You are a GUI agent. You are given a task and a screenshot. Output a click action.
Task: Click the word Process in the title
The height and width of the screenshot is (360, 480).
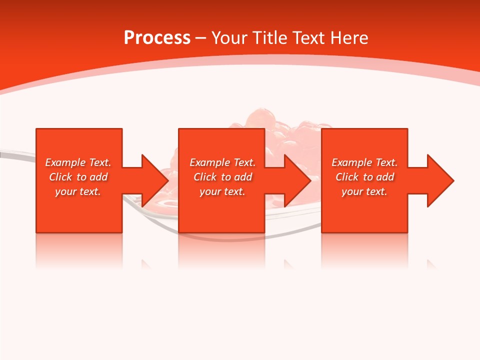pos(157,38)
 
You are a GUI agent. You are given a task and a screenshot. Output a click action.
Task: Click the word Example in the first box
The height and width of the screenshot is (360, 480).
pos(65,162)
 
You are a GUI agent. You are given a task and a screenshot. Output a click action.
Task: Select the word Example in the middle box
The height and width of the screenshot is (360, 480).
pos(209,162)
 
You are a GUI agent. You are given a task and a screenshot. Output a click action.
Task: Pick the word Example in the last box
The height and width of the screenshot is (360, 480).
pos(351,162)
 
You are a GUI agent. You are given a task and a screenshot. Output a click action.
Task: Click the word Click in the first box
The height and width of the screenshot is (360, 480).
pos(60,177)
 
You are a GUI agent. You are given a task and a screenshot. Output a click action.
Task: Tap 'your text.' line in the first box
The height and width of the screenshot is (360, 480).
pos(78,191)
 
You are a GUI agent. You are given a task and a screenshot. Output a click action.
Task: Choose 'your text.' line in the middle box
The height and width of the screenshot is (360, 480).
pos(222,191)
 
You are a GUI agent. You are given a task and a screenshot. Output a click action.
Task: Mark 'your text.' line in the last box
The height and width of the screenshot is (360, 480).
pos(364,191)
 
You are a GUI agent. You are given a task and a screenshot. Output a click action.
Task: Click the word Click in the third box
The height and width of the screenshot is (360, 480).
pos(347,177)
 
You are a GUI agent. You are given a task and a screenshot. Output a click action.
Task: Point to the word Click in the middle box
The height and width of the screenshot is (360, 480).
pos(205,177)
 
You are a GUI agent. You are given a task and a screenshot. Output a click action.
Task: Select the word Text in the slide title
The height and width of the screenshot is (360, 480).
pos(308,38)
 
